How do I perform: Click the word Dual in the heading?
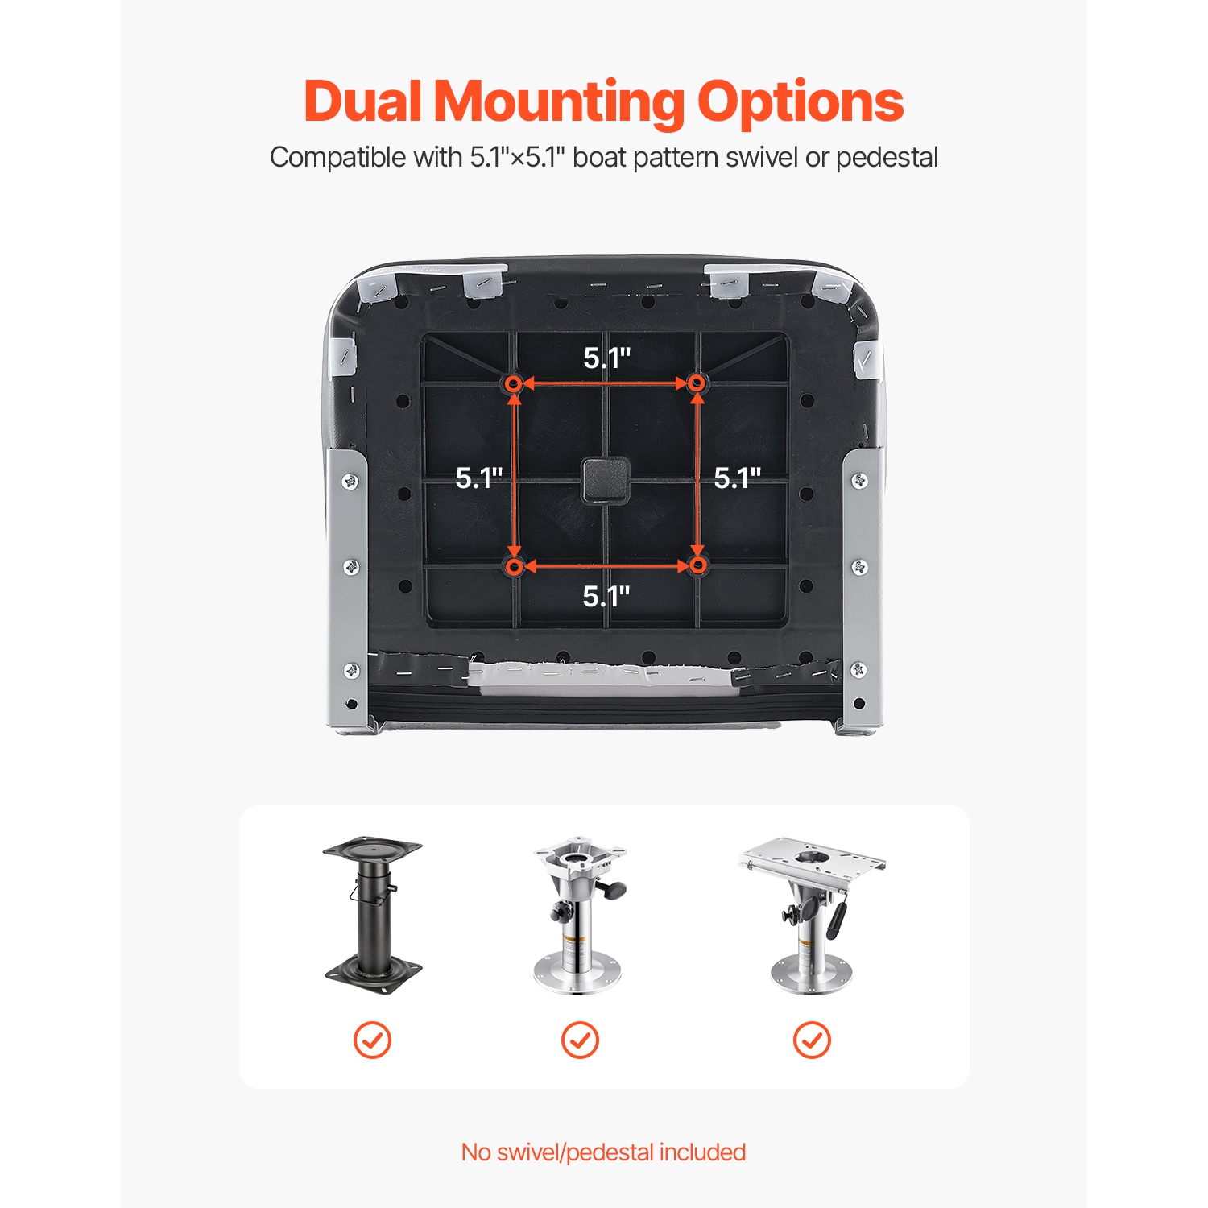pos(362,101)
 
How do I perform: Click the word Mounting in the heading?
pos(559,103)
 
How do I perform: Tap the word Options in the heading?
pos(800,103)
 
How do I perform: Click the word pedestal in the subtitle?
pos(887,158)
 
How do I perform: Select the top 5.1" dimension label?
pos(607,358)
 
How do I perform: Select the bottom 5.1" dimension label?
pos(606,596)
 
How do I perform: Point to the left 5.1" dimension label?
pos(479,478)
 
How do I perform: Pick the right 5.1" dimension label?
pos(738,478)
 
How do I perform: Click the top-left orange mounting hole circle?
pos(513,384)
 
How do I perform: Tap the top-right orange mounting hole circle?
pos(698,384)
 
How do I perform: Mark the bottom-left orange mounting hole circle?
pos(513,566)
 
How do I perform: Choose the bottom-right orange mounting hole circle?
pos(698,566)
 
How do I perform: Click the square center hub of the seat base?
pos(606,479)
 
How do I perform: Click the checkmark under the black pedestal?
pos(372,1040)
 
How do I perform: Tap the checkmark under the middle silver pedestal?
pos(580,1040)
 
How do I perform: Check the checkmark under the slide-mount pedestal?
pos(812,1040)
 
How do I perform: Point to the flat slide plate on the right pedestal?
pos(812,858)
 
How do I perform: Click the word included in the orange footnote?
pos(702,1152)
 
